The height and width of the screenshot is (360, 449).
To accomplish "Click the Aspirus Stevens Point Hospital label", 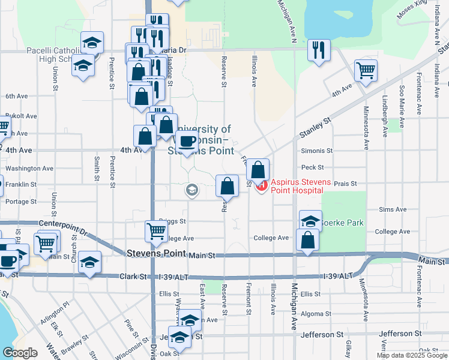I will (x=297, y=186).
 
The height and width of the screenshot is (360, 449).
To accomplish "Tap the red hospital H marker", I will (x=262, y=186).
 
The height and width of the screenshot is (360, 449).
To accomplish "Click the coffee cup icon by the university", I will (x=188, y=142).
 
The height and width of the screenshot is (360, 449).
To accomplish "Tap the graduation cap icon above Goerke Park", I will (x=310, y=221).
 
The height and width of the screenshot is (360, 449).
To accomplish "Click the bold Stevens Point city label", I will (x=154, y=254).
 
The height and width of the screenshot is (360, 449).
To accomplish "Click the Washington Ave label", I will (x=29, y=169).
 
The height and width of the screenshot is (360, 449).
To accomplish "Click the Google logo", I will (x=20, y=352).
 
